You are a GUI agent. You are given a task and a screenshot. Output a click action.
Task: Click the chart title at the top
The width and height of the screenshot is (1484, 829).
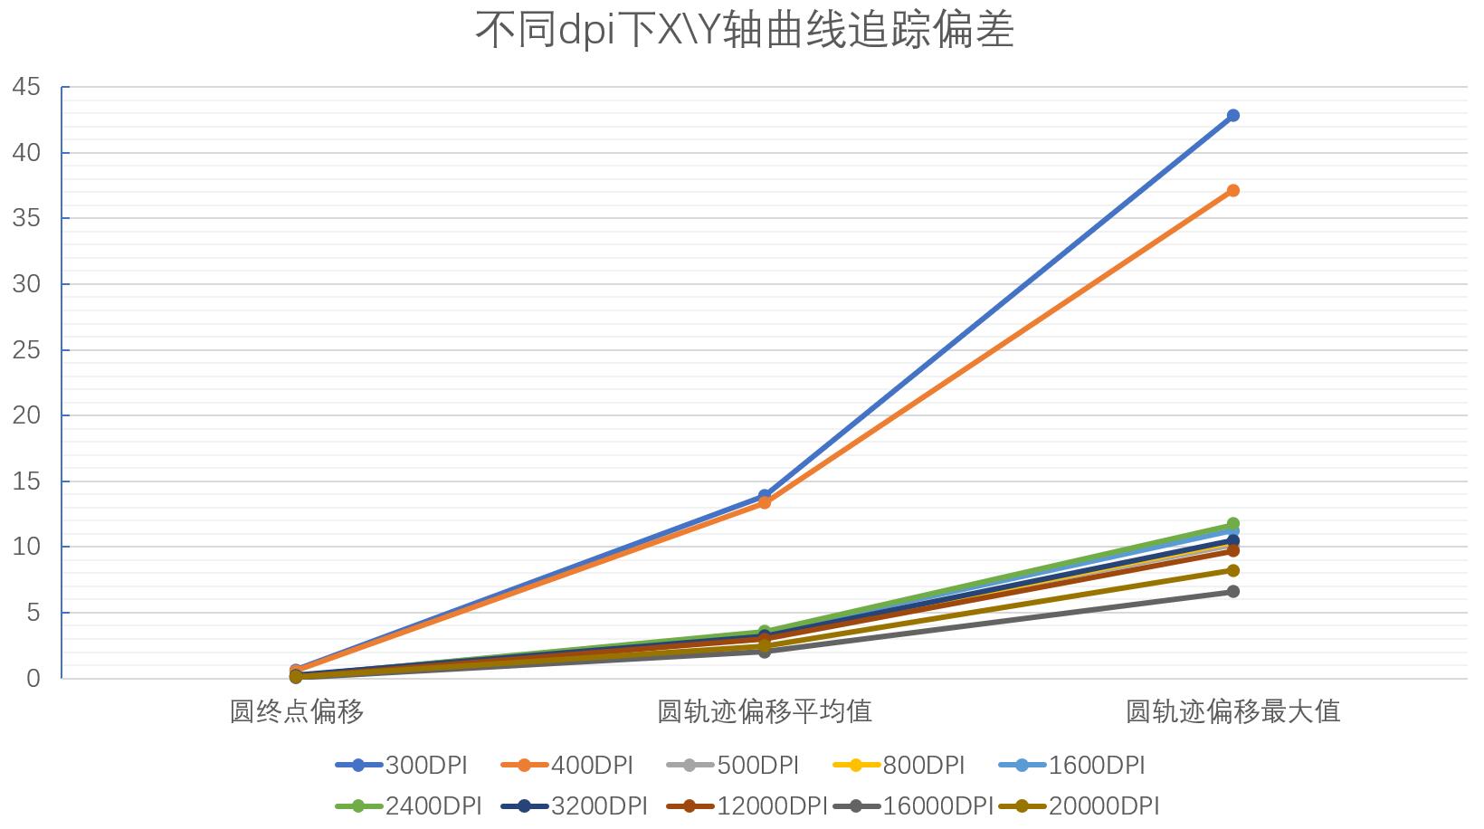pyautogui.click(x=744, y=29)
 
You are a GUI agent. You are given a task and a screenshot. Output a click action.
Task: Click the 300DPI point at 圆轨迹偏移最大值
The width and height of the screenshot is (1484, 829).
pyautogui.click(x=1232, y=116)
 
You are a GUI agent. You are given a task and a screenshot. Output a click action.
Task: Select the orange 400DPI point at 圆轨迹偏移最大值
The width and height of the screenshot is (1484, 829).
pyautogui.click(x=1232, y=191)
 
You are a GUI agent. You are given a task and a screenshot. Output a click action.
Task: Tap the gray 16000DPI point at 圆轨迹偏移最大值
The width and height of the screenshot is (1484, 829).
pyautogui.click(x=1232, y=592)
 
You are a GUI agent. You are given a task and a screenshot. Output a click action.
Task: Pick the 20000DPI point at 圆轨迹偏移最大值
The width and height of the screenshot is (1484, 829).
pyautogui.click(x=1232, y=570)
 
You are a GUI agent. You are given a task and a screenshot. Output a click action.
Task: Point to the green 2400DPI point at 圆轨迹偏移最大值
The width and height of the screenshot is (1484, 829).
pyautogui.click(x=1232, y=524)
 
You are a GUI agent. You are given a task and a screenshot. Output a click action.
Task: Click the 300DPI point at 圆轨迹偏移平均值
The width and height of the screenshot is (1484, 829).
pyautogui.click(x=765, y=495)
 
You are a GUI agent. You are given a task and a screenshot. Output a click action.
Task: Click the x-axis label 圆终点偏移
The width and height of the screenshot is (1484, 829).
pyautogui.click(x=297, y=711)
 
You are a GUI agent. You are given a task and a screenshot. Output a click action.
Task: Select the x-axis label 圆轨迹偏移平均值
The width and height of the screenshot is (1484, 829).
pyautogui.click(x=765, y=711)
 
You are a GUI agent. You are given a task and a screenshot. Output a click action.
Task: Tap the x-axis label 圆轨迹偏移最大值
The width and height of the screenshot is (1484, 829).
pyautogui.click(x=1232, y=711)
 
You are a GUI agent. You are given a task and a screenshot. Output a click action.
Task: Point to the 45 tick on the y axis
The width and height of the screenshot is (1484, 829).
pyautogui.click(x=27, y=88)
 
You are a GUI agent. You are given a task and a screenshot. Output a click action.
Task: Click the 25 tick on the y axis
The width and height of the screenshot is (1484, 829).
pyautogui.click(x=27, y=350)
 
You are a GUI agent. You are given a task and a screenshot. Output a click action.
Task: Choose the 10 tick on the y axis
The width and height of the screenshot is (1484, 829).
pyautogui.click(x=27, y=547)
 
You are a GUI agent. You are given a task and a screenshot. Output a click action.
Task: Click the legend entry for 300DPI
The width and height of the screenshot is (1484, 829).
pyautogui.click(x=402, y=766)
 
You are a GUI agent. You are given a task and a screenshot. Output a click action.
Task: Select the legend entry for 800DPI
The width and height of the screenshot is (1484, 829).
pyautogui.click(x=899, y=766)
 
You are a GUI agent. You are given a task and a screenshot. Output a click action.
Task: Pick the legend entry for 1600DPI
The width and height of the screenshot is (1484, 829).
pyautogui.click(x=1072, y=766)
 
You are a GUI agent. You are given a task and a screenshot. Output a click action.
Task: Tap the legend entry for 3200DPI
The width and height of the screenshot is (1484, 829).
pyautogui.click(x=575, y=805)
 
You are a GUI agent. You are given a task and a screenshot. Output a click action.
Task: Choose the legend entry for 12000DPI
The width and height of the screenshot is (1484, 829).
pyautogui.click(x=748, y=805)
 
